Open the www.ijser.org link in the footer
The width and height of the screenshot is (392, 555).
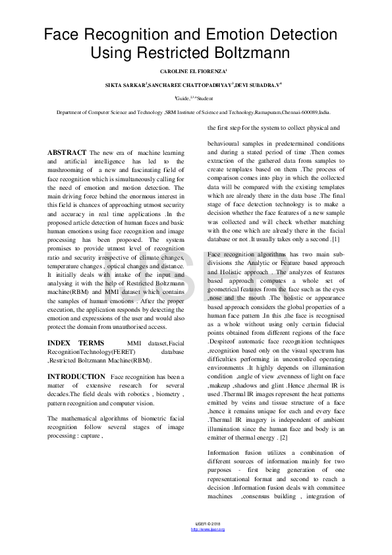point(208,529)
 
